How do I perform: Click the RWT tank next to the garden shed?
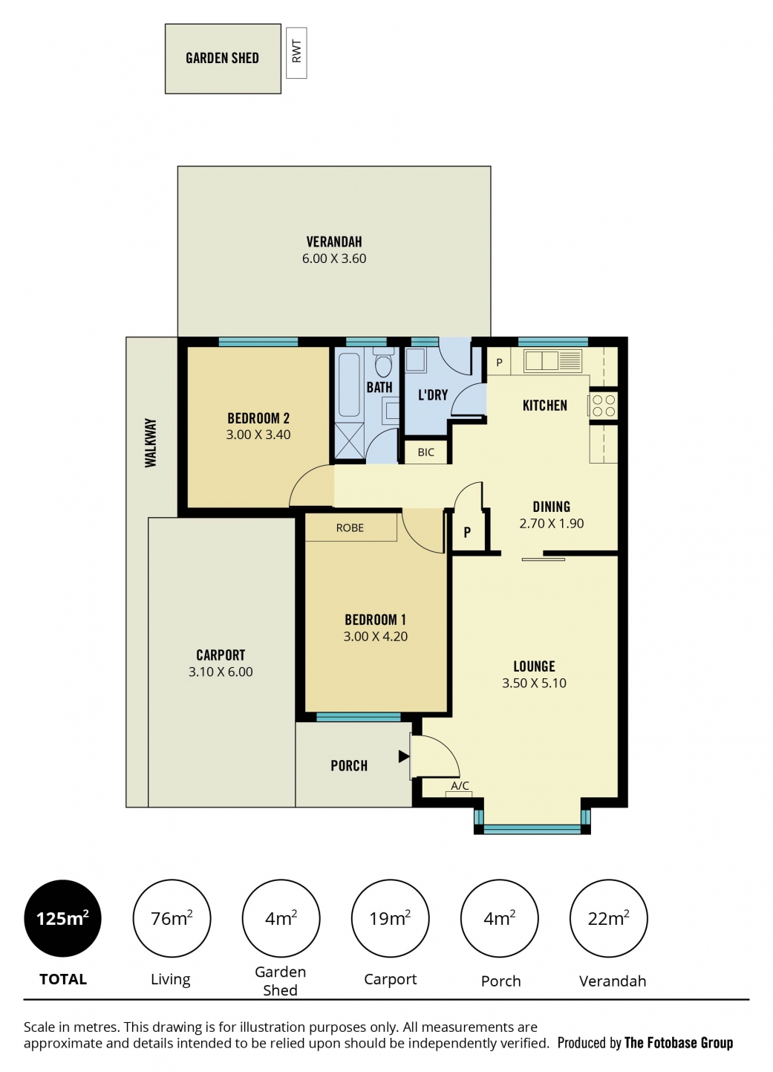tap(296, 53)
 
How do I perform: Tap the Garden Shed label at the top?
tap(222, 59)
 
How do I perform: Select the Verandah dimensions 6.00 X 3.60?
tap(334, 259)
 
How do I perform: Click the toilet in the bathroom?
tap(383, 364)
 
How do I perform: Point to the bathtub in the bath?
tap(349, 385)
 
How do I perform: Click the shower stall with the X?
tap(349, 441)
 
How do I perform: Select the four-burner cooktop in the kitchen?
tap(603, 406)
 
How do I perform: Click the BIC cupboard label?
tap(425, 452)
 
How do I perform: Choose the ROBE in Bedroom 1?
tap(350, 528)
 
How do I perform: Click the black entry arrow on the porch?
tap(404, 756)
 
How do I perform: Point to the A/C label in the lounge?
tap(460, 785)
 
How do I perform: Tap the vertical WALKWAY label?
tap(151, 443)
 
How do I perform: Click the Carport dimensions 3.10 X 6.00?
tap(221, 672)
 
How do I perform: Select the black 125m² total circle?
tap(62, 918)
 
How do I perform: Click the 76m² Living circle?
tap(172, 918)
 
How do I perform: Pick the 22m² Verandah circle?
tap(608, 918)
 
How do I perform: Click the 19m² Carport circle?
tap(390, 918)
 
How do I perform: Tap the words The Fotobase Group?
tap(678, 1042)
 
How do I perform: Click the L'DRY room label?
tap(433, 394)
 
